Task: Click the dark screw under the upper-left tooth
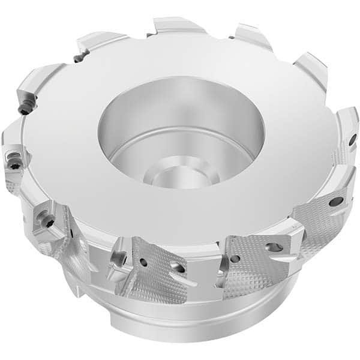(24, 110)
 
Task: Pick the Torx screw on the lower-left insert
(47, 221)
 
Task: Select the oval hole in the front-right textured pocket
(274, 247)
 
